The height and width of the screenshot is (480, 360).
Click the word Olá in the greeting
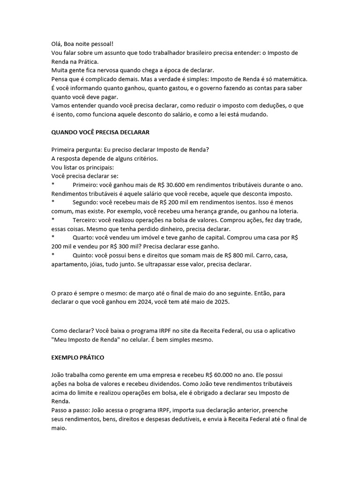56,44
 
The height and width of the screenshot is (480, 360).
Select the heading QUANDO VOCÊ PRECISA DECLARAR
100,132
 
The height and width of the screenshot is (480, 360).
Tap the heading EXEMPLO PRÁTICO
78,357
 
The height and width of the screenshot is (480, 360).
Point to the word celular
159,339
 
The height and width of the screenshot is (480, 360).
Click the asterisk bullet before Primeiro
53,185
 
